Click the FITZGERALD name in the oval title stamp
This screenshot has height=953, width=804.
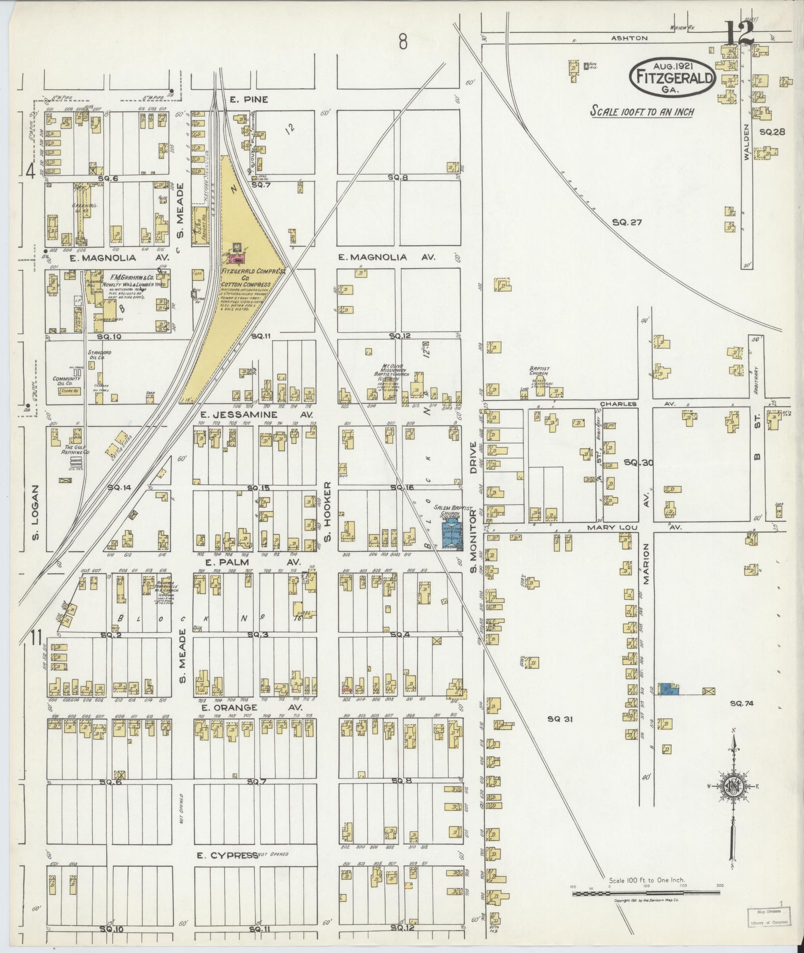[673, 77]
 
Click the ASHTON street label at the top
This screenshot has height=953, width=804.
[631, 38]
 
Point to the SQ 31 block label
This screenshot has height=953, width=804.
[562, 718]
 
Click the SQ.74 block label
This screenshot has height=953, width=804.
[742, 703]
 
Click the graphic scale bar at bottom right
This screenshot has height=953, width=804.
[646, 894]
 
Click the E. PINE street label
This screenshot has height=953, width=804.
[249, 100]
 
